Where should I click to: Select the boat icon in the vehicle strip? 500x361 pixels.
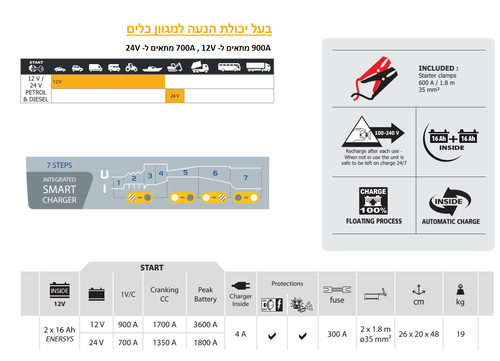click(x=151, y=68)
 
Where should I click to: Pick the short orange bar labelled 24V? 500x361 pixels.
click(x=174, y=95)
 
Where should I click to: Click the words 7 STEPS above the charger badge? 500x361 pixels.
click(x=60, y=162)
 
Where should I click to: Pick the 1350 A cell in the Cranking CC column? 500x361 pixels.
click(x=163, y=343)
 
